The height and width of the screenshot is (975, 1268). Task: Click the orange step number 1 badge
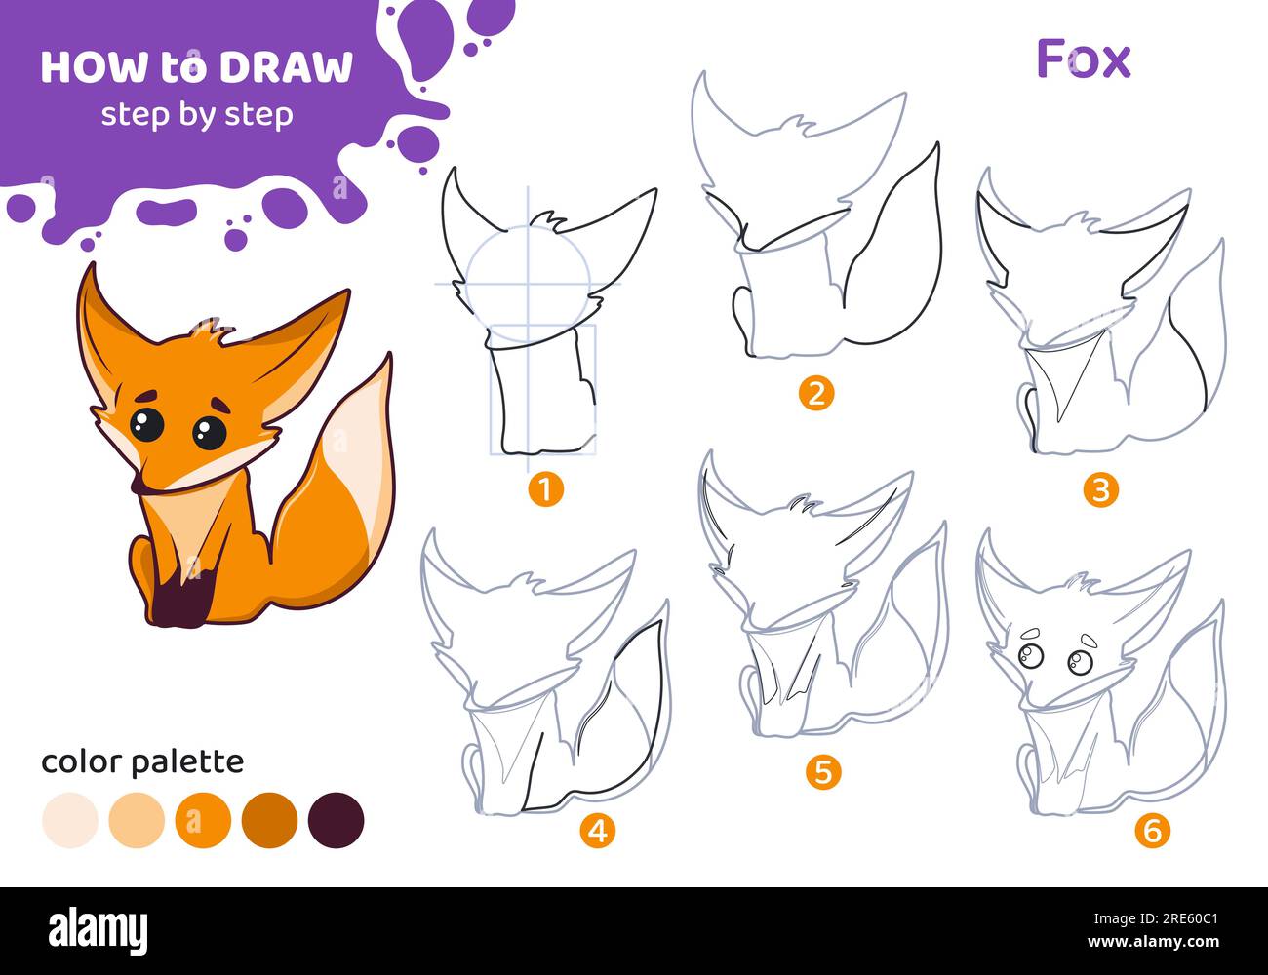(x=545, y=488)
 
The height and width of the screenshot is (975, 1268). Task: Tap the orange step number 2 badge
(x=816, y=393)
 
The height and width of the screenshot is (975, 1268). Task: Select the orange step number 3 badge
(x=1100, y=489)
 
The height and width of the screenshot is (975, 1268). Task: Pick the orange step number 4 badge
(x=598, y=831)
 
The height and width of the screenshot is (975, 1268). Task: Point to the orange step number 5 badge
(x=823, y=772)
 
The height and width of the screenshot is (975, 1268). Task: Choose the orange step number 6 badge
(x=1153, y=830)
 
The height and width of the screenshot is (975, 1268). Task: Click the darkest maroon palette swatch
(x=337, y=820)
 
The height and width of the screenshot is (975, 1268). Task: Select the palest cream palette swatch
(x=70, y=820)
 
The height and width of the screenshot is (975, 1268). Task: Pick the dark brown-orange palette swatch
(x=269, y=820)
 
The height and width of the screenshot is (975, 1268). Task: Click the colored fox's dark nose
(x=139, y=484)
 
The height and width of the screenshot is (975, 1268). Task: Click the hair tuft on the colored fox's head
(x=213, y=331)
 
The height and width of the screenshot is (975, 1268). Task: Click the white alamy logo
(x=99, y=931)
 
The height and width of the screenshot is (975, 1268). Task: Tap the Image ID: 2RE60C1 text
(x=1156, y=918)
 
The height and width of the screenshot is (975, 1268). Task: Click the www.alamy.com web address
(x=1153, y=941)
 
